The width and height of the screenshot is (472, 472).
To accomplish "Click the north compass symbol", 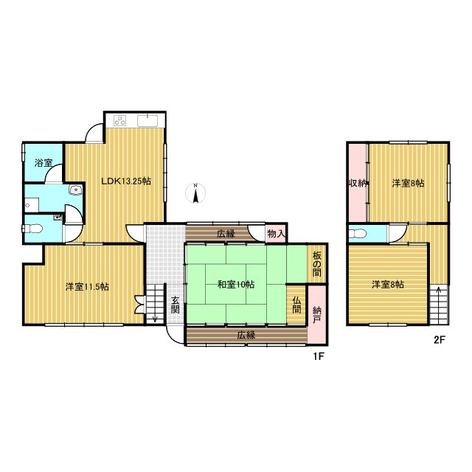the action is coord(195,192).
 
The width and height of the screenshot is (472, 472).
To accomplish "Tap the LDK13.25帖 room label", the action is coord(126,181).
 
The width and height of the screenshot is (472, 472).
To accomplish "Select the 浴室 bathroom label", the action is coord(44,163).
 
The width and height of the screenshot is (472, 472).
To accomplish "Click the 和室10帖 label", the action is coord(236,284).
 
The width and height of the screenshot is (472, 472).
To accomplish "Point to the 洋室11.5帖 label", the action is coord(87,287).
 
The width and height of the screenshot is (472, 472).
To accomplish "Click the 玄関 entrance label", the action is coord(176,305).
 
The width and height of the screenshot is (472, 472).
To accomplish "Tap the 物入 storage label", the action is coord(276,233).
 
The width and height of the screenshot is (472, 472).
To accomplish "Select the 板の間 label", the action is coord(316,264).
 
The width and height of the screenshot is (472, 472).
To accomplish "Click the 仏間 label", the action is coord(296,305).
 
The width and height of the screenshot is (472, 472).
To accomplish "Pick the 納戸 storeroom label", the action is coord(316,315).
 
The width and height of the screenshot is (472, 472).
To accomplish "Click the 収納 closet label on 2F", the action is coord(357,183).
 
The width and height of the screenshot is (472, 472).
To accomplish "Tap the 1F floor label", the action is coord(318,356).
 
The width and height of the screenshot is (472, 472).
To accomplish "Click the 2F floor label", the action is coord(440,340).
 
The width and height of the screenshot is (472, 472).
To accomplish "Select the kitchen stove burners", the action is coord(119,121).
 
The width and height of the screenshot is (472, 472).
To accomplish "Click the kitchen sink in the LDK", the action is coord(147,121).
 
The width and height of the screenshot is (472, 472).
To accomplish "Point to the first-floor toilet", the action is coord(32,229).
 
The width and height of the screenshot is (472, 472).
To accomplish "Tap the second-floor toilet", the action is coord(358,234).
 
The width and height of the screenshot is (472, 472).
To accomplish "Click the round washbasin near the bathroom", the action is coord(74,190).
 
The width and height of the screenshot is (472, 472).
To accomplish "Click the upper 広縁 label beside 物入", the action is coord(226,234).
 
